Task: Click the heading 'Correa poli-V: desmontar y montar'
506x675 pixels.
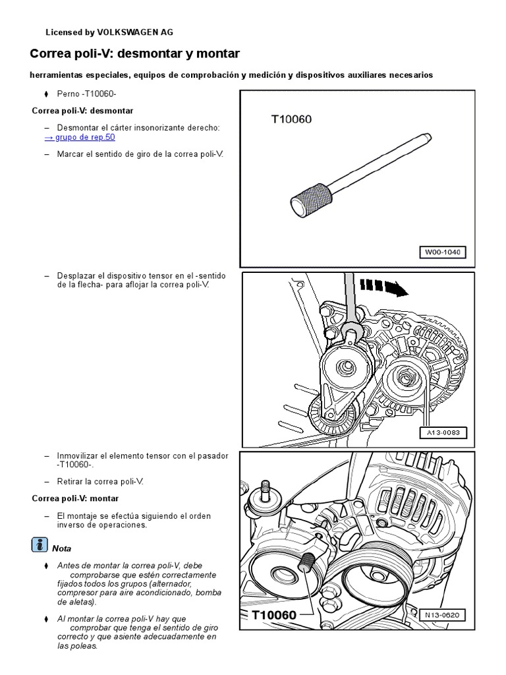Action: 135,53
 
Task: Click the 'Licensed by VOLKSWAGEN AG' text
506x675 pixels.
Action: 109,32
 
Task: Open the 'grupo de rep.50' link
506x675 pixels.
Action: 80,137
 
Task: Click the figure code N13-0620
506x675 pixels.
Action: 442,615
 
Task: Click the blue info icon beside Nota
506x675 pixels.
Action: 40,545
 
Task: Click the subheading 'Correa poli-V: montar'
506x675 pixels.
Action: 75,498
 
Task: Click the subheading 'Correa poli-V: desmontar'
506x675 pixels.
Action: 82,111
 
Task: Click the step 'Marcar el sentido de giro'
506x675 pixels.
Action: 141,154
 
